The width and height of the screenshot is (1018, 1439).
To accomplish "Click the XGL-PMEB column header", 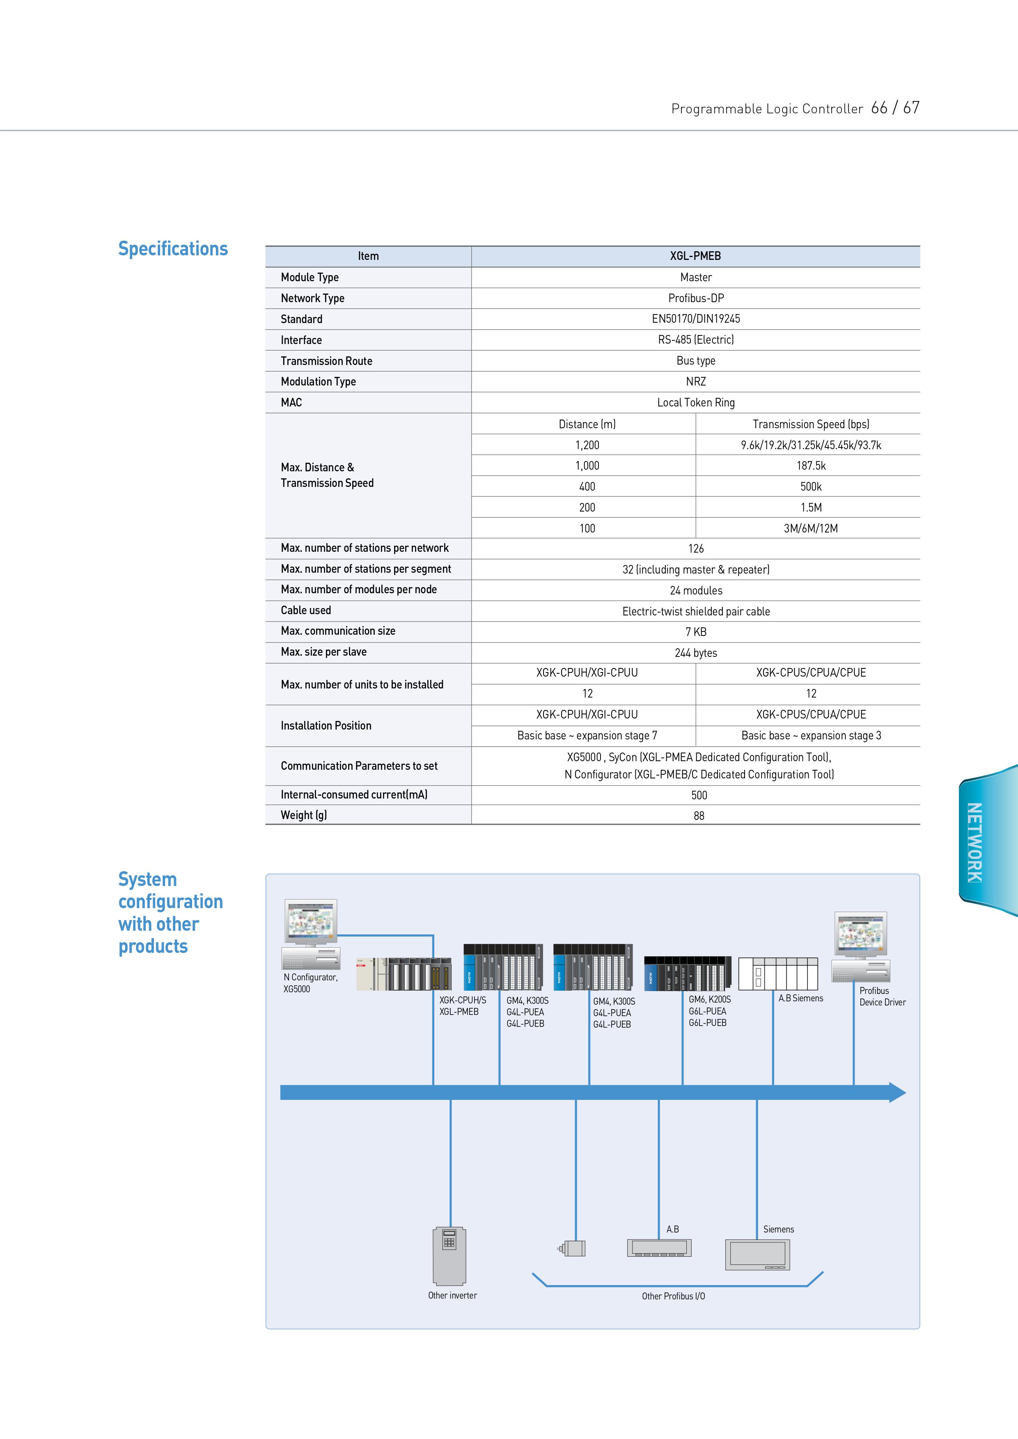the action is point(695,256).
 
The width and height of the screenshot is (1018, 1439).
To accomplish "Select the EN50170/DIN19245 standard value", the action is point(696,319).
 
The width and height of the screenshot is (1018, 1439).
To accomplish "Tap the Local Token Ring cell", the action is point(696,402).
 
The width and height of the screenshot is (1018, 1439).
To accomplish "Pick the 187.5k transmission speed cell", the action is point(811,465).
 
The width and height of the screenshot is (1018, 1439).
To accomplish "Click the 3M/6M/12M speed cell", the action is point(811,528).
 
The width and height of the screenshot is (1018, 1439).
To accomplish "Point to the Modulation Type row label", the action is point(319,382).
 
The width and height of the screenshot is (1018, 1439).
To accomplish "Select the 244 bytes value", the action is point(696,653).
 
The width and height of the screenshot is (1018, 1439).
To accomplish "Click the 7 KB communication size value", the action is point(696,631).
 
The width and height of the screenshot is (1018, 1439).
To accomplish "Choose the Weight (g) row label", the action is point(304,815).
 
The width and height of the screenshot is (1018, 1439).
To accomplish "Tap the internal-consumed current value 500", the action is point(699,795).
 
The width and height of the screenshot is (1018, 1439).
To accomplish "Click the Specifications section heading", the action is point(173,249).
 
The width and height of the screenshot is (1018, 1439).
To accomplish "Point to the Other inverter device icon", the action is point(449,1255).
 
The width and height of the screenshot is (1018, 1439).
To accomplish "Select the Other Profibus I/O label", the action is point(673,1296).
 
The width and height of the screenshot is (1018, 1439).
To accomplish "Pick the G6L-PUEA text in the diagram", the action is point(707,1011).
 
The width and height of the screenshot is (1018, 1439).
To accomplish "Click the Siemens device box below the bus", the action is point(757,1255).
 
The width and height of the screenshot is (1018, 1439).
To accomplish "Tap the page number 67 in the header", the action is point(911,108).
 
